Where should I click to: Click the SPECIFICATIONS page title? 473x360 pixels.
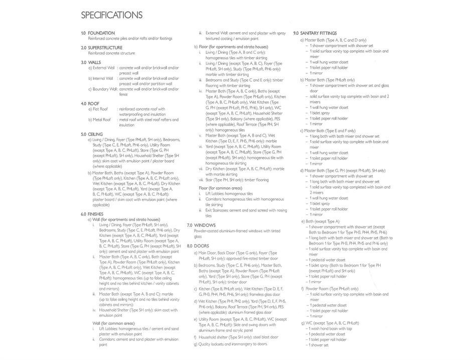pos(111,15)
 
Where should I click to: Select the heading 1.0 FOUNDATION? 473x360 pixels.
pos(98,33)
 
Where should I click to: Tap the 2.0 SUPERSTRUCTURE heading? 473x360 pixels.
pos(101,48)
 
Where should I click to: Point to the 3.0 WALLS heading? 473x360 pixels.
pos(91,63)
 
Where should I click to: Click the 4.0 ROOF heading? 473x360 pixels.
pos(90,103)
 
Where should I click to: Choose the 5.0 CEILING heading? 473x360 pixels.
pos(92,135)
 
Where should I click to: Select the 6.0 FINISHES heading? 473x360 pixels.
pos(92,214)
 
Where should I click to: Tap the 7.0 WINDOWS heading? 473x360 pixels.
pos(201,225)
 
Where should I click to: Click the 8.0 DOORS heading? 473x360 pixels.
pos(198,246)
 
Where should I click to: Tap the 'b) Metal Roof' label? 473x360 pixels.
pos(100,119)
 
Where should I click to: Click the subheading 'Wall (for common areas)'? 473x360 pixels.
pos(113,323)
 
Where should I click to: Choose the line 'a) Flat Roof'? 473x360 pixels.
pos(98,109)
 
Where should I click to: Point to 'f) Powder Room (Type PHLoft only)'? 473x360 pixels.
pos(330,289)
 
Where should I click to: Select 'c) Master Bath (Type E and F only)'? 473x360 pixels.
pos(328,131)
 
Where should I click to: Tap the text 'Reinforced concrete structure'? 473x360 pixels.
pos(111,53)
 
